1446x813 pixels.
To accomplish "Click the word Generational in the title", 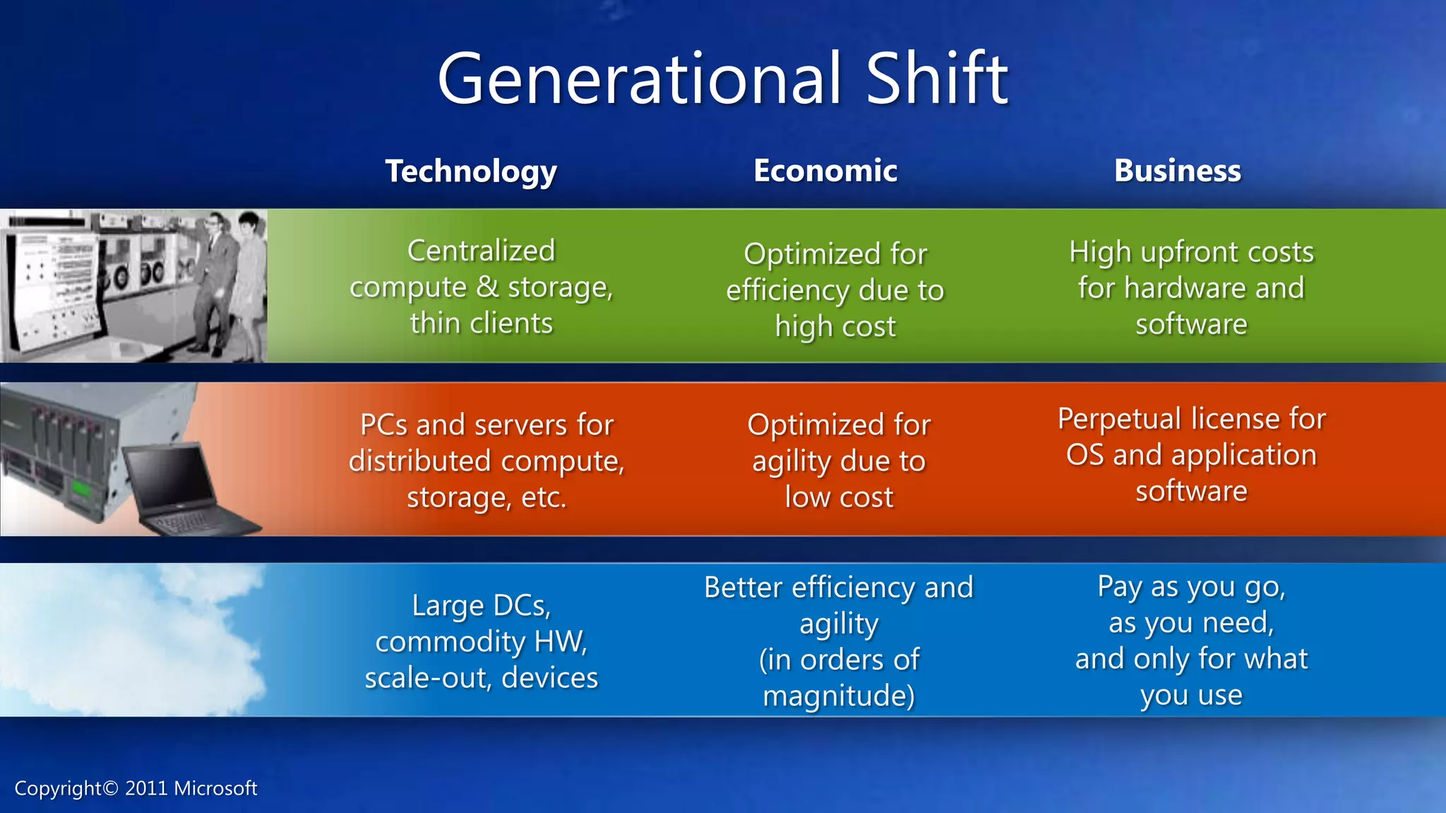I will pos(640,79).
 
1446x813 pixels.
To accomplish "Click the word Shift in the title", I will pos(937,79).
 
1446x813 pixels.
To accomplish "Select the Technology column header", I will pos(471,171).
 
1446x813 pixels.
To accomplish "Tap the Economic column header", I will pos(825,171).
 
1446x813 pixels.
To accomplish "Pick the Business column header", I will pos(1177,171).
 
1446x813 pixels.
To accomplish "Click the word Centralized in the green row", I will pos(482,251).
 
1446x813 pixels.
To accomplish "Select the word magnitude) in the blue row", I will pos(839,696).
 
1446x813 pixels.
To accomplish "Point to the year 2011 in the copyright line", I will pos(146,788).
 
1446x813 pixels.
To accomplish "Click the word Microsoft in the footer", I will pos(215,788).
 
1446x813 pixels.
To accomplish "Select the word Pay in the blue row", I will pos(1121,587).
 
